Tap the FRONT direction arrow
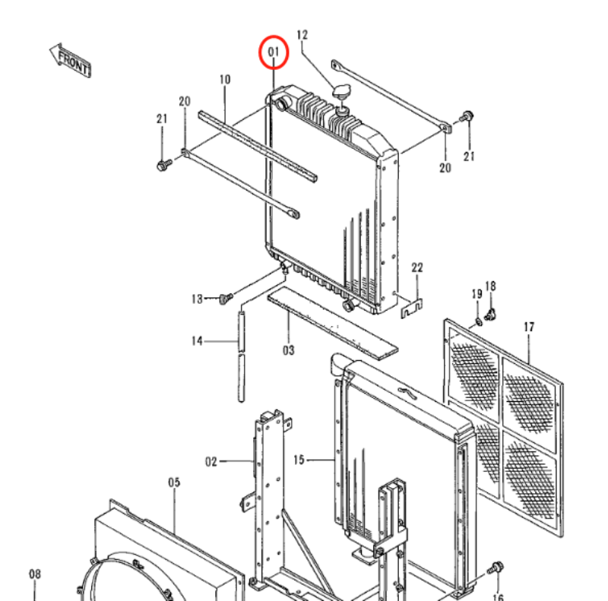(x=71, y=61)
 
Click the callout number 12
(x=302, y=35)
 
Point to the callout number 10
(x=225, y=79)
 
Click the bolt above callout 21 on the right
(x=466, y=117)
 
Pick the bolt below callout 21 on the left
(x=162, y=165)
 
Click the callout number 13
(x=197, y=299)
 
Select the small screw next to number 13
(x=223, y=299)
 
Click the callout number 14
(x=197, y=341)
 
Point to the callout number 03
(x=289, y=350)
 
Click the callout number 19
(x=477, y=294)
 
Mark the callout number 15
(x=299, y=460)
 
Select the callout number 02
(x=211, y=461)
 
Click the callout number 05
(x=174, y=482)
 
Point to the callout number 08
(x=34, y=574)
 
